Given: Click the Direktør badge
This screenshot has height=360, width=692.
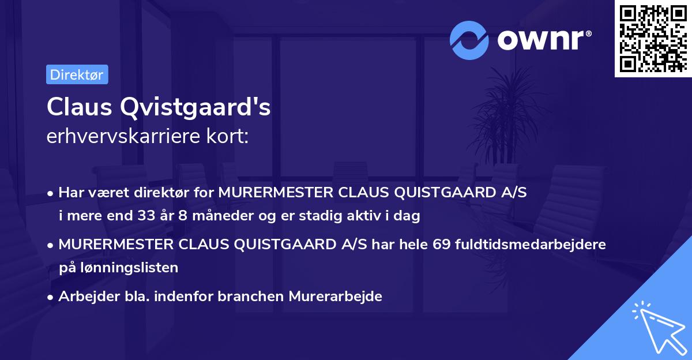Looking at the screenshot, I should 77,74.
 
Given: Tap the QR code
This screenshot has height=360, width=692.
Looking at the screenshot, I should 652,39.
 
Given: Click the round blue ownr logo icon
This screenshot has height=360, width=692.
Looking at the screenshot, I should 469,40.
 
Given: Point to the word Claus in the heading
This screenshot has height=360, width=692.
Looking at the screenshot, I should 73,108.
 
